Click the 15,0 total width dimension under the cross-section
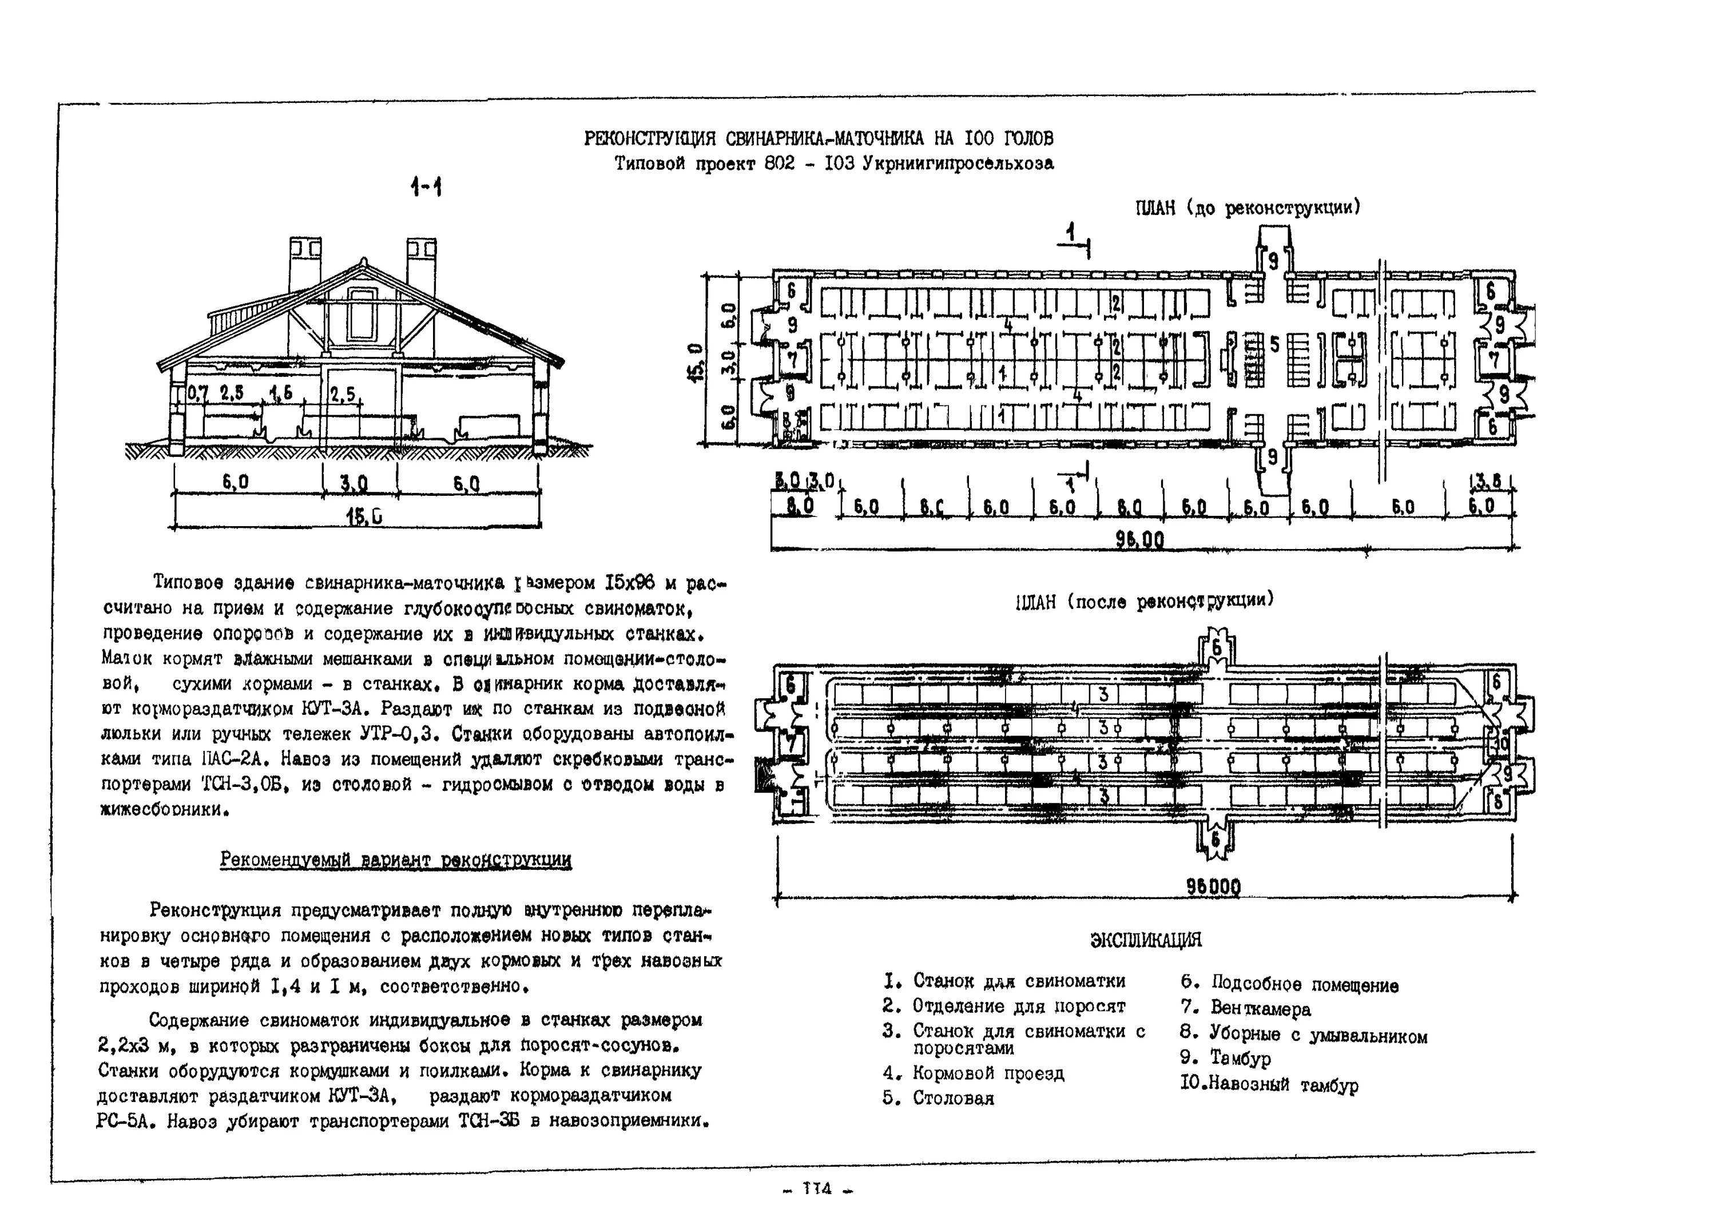coord(364,516)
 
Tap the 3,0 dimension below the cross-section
coord(353,484)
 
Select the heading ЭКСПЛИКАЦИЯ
coord(1145,940)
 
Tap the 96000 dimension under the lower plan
coord(1213,887)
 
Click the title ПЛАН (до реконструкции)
coord(1247,208)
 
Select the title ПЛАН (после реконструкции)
coord(1144,601)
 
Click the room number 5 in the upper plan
coord(1274,344)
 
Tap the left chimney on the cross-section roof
coord(305,266)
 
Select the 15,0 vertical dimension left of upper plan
coord(696,361)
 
